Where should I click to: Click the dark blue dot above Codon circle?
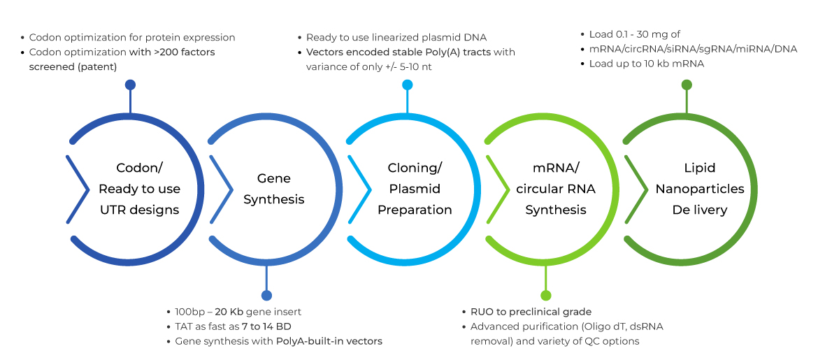(130, 85)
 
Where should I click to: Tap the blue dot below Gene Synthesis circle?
(266, 296)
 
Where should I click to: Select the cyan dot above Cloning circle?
(408, 85)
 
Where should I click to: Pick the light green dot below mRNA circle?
(546, 296)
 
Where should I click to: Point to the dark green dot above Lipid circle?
(687, 85)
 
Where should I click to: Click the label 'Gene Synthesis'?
(273, 189)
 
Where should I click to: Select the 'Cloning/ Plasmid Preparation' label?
(415, 189)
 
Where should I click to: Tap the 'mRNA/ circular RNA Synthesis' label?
(556, 189)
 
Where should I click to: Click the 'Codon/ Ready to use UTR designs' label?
(139, 189)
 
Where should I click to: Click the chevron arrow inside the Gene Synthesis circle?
(220, 189)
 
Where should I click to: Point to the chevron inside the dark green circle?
(636, 189)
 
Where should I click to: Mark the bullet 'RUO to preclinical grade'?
(531, 312)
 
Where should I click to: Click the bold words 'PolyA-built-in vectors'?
(329, 341)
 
